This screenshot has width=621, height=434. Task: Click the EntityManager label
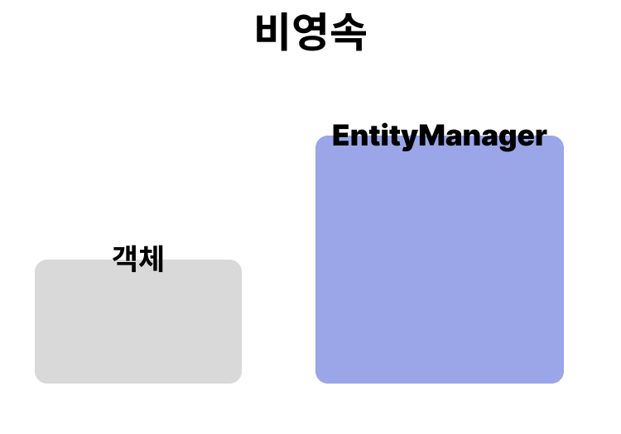tap(439, 136)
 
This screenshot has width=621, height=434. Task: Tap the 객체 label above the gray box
tap(138, 259)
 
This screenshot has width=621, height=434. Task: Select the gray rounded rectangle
tap(138, 331)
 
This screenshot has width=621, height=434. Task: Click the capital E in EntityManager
tap(340, 136)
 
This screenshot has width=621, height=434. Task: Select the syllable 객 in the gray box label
tap(125, 259)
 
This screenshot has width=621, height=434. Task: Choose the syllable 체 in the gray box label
tap(152, 259)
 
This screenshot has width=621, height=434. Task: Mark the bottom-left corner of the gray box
tap(39, 379)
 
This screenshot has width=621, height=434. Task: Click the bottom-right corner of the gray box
tap(238, 379)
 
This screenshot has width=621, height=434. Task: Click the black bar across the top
tap(310, 15)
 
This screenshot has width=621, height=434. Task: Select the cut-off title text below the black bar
tap(310, 40)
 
